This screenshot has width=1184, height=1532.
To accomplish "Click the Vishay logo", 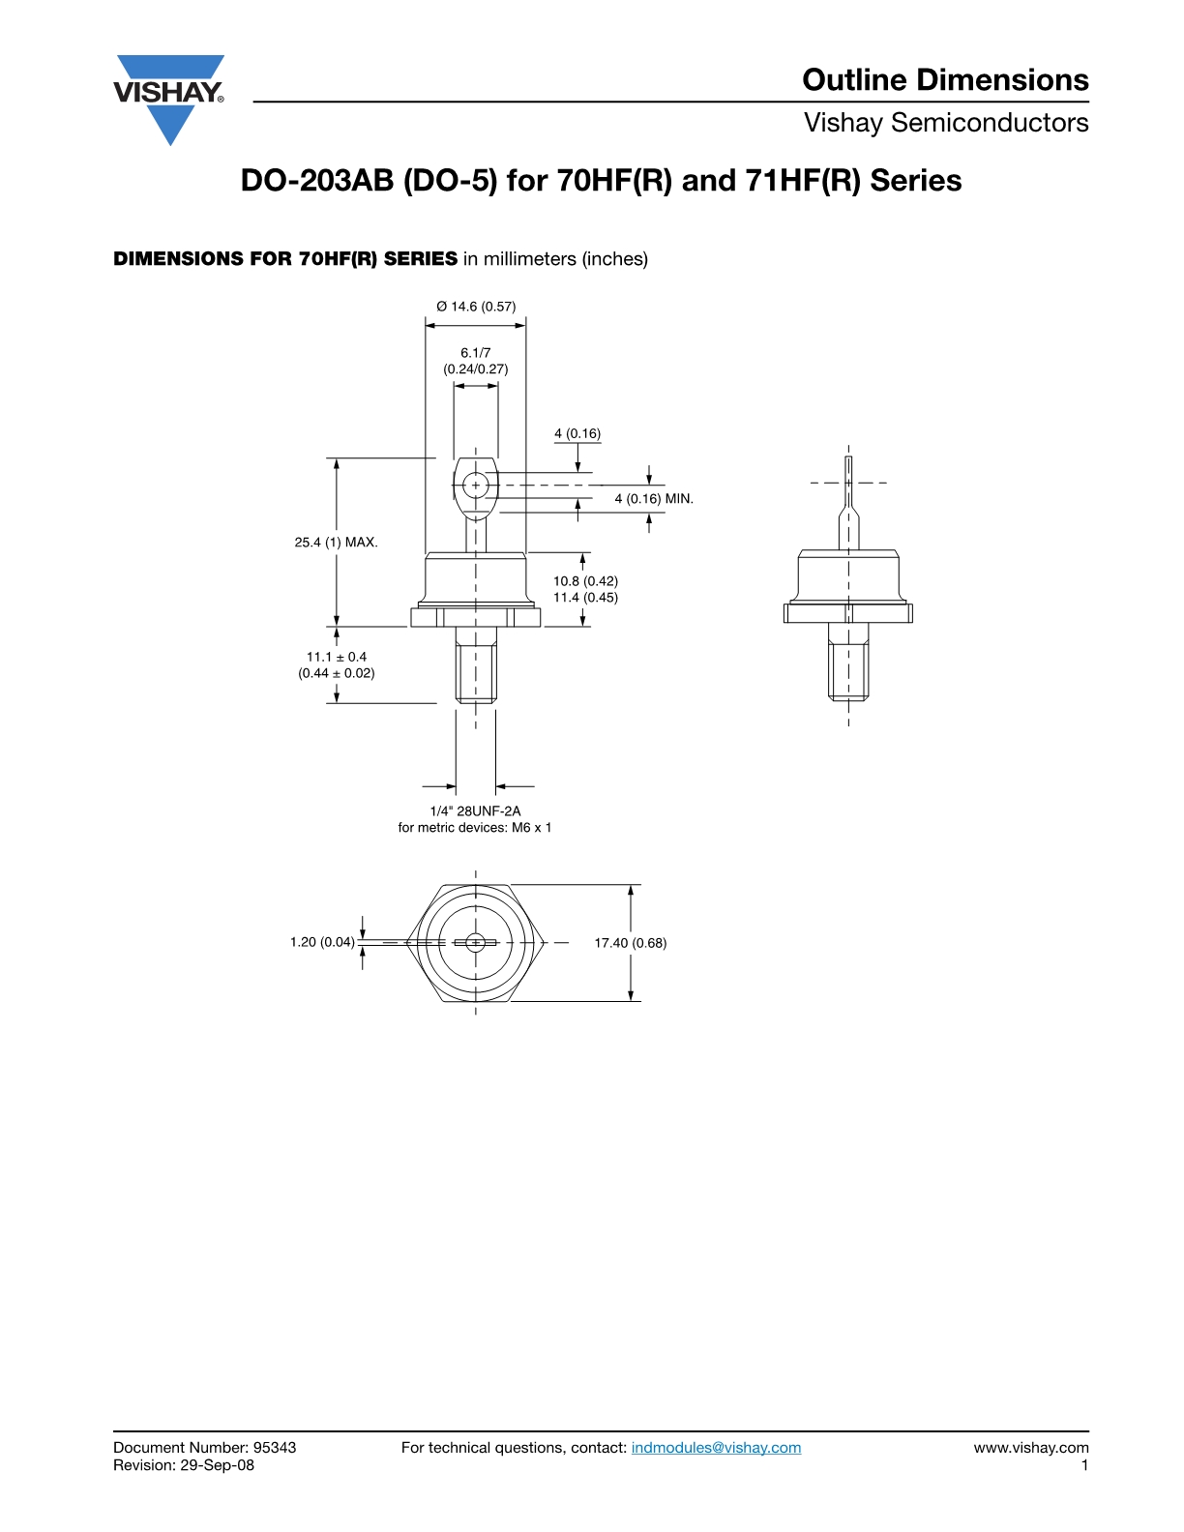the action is click(169, 99).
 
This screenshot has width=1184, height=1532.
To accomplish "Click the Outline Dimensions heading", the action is click(945, 79).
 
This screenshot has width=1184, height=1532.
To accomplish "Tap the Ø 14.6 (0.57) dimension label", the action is click(476, 306).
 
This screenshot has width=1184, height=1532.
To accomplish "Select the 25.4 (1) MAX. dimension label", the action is click(336, 543).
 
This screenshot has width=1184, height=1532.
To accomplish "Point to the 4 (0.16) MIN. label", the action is click(654, 498).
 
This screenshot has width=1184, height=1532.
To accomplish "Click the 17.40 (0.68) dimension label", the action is click(630, 943).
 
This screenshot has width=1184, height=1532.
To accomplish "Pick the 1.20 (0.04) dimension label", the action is click(322, 942).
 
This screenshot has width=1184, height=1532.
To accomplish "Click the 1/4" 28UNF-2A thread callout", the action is click(475, 810).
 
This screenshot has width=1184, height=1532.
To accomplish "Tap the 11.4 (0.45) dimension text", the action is click(585, 597).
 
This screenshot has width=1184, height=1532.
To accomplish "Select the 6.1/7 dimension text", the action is click(475, 352).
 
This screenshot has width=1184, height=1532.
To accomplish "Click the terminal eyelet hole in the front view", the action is click(476, 486).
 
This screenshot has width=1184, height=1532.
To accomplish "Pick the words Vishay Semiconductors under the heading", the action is click(946, 123).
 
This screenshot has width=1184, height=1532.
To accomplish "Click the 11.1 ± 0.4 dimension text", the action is click(337, 657).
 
